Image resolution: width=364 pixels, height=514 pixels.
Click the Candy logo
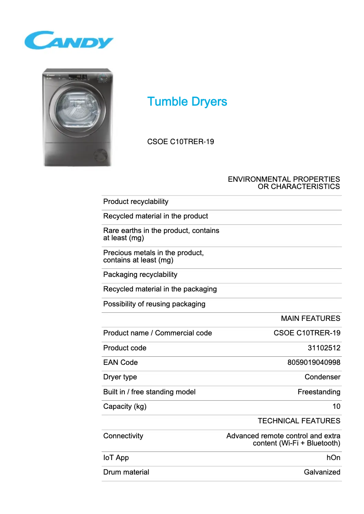tap(69, 40)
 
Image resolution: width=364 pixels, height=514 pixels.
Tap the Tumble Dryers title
tap(187, 102)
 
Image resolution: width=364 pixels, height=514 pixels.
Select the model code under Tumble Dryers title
tap(181, 142)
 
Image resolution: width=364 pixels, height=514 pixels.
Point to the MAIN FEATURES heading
tap(310, 319)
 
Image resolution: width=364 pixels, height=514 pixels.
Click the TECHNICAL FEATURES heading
tap(299, 421)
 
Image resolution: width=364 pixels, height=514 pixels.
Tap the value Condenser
tap(322, 377)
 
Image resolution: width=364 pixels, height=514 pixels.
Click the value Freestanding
tap(319, 392)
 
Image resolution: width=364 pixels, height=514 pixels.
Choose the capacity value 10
tap(336, 407)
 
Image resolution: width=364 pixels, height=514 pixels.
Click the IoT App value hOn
tap(333, 458)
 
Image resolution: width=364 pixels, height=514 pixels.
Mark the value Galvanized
tap(322, 472)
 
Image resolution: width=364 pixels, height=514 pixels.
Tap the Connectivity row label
tap(123, 436)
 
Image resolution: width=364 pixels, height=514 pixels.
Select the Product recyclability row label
tap(136, 202)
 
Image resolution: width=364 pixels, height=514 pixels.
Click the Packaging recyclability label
tap(140, 275)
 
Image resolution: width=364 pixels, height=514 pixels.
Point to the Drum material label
tap(126, 472)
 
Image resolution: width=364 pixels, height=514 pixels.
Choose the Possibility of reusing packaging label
tap(154, 304)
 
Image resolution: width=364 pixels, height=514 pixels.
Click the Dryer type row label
tap(120, 377)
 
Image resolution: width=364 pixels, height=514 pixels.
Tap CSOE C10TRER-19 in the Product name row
tap(307, 333)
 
